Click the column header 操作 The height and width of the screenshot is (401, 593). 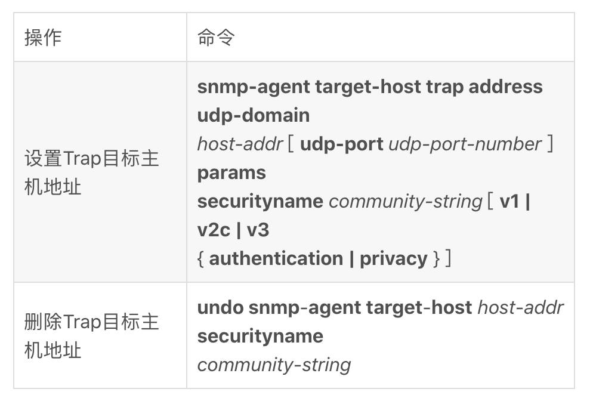click(43, 38)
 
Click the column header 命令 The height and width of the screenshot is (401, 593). click(216, 38)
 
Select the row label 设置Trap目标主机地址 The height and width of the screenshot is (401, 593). click(91, 172)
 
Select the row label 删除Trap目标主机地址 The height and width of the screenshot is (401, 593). click(91, 336)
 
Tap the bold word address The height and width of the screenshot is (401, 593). click(506, 87)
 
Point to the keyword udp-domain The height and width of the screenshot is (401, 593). click(254, 115)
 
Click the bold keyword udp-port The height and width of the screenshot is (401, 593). click(341, 144)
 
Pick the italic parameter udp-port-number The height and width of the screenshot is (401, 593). click(465, 144)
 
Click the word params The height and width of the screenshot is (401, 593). click(231, 173)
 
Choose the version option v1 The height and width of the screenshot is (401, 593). click(509, 201)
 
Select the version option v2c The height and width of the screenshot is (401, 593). click(214, 230)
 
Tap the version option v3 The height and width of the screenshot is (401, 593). click(258, 230)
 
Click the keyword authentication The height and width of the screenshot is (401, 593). click(276, 259)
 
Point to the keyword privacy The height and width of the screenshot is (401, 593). click(393, 259)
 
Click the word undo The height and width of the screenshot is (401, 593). click(221, 307)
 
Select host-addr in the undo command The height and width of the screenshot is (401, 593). click(521, 307)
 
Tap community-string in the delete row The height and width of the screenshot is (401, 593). click(274, 365)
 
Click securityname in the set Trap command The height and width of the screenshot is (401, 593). click(260, 202)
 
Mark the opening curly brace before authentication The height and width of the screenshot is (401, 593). click(201, 259)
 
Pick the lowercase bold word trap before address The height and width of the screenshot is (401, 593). click(444, 87)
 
